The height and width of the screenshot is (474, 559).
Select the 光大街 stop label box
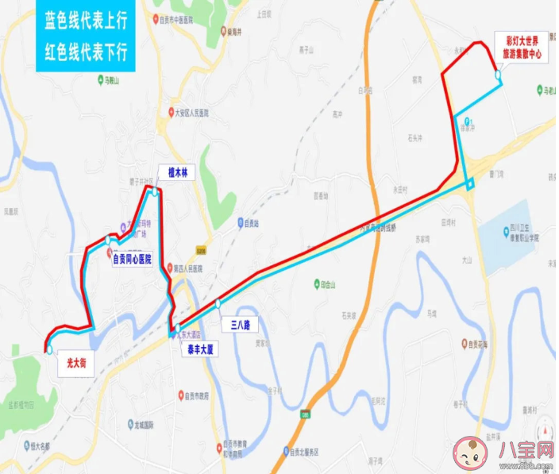click(76, 365)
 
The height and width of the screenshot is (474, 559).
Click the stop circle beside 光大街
click(49, 349)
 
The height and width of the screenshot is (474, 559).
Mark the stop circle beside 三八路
click(218, 303)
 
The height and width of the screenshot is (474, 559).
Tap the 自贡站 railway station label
click(253, 223)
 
